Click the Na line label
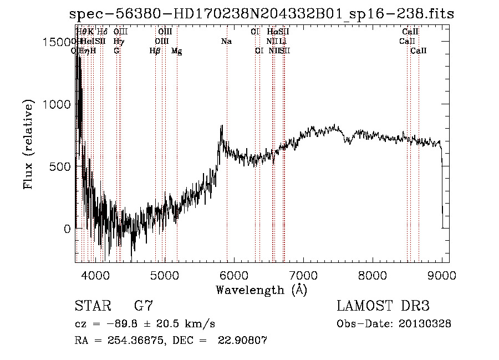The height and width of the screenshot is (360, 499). pos(226,42)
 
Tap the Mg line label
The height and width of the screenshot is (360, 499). pos(176,51)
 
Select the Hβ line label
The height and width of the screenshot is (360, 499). pos(155,51)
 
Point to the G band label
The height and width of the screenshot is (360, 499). pos(116,51)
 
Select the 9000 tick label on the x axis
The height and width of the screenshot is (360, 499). pos(442,275)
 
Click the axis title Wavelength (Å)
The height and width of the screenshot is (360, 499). pos(261,290)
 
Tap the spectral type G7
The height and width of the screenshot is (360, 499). pos(144,306)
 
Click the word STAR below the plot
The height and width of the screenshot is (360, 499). pos(92,306)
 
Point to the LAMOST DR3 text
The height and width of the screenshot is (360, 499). pos(383,306)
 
